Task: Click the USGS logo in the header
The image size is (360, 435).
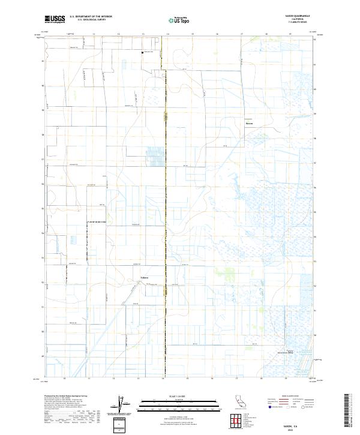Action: pos(55,19)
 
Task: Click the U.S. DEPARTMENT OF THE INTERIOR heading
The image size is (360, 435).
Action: pos(91,17)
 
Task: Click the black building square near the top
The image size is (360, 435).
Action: pos(142,52)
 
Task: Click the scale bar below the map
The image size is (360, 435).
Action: pos(179,402)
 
